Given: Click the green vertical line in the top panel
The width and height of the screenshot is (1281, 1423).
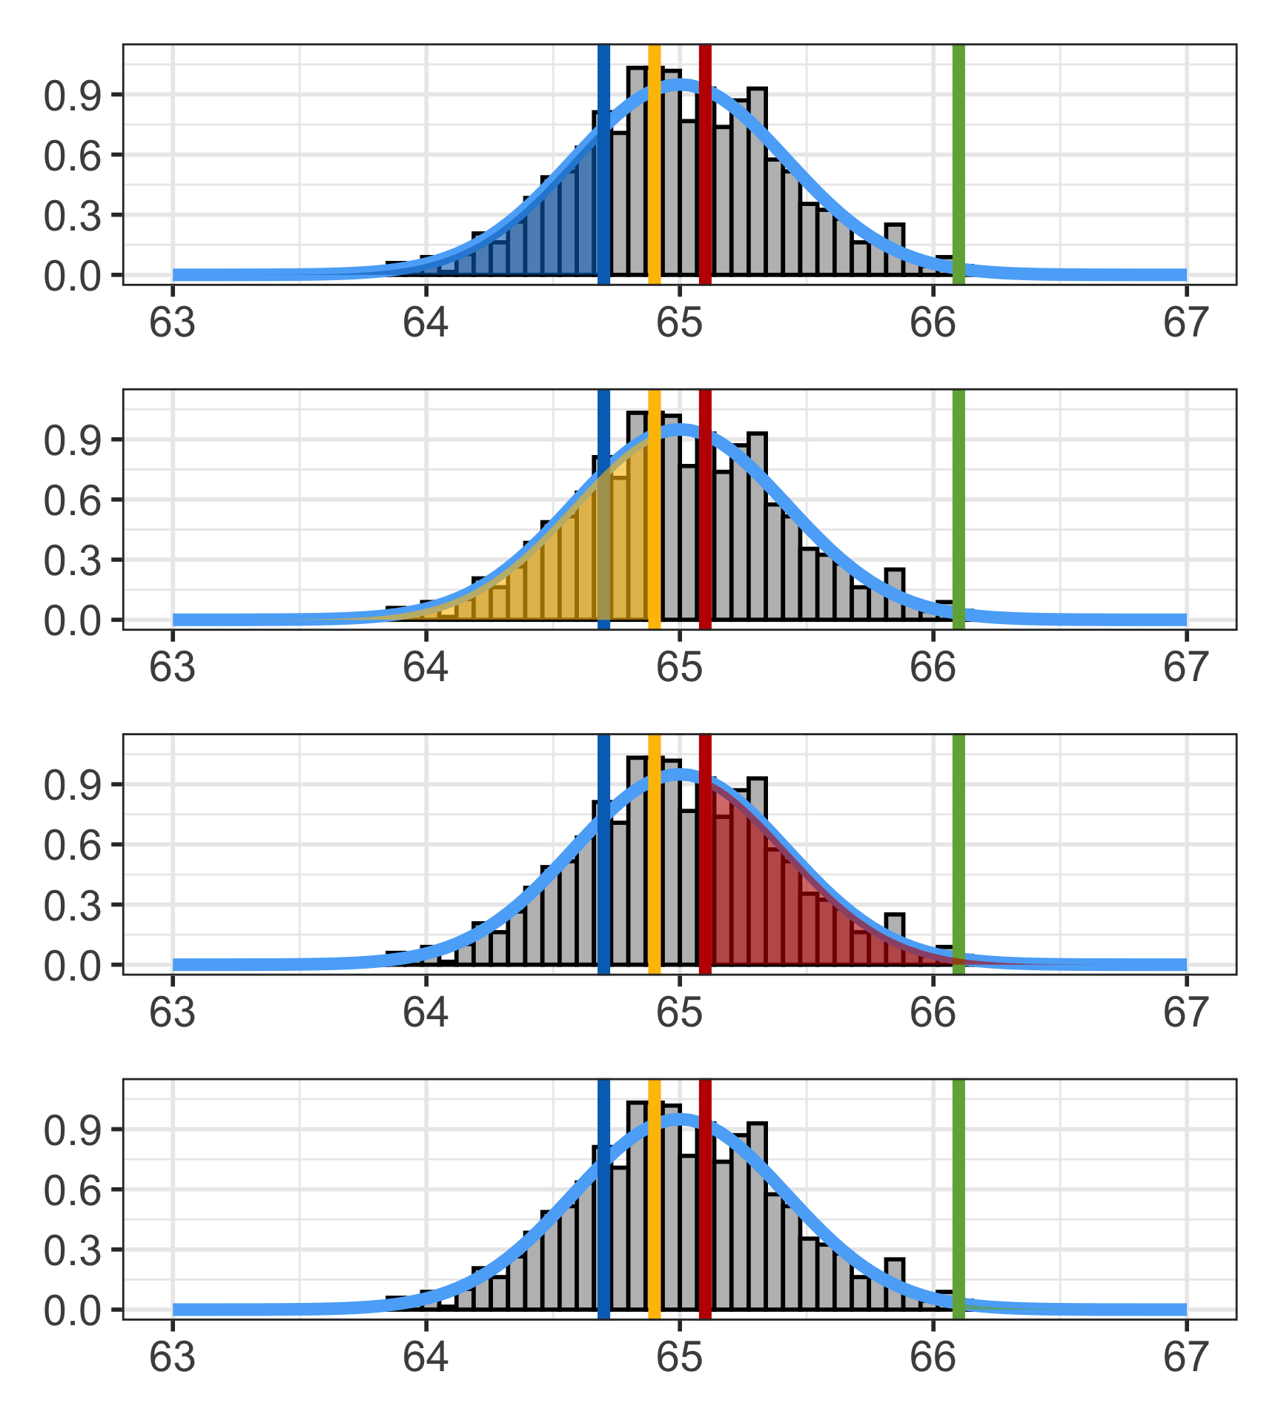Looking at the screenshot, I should pos(958,163).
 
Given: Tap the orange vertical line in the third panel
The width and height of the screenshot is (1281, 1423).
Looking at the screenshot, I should pos(654,852).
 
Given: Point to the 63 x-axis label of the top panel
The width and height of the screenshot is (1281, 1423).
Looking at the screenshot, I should pos(172,323).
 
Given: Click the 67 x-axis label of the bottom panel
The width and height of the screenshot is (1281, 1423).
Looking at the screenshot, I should pos(1186,1358).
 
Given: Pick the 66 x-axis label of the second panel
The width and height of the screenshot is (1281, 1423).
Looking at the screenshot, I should pos(933,668).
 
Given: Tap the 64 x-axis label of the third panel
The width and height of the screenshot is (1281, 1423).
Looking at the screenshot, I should pos(426,1013).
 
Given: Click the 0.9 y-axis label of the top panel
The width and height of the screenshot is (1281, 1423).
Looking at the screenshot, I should pos(72,96).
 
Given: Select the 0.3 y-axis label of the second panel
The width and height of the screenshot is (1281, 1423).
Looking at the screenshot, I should pos(72,561).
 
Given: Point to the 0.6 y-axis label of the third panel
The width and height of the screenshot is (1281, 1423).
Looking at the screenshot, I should pos(72,846).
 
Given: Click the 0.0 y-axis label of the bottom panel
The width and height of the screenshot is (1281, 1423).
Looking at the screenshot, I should pos(72,1311).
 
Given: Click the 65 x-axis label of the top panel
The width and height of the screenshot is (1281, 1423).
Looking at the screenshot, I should pos(679,323).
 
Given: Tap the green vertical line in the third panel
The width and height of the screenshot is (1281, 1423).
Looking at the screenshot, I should pos(958,852).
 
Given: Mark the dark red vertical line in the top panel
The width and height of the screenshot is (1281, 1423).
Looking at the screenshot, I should pos(705,163).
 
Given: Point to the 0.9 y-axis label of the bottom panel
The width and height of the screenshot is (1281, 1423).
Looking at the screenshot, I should pos(72,1130).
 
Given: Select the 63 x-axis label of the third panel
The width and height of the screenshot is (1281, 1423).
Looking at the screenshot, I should pos(172,1013).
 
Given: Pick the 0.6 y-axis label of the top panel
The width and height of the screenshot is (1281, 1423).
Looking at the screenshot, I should pos(72,156).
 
